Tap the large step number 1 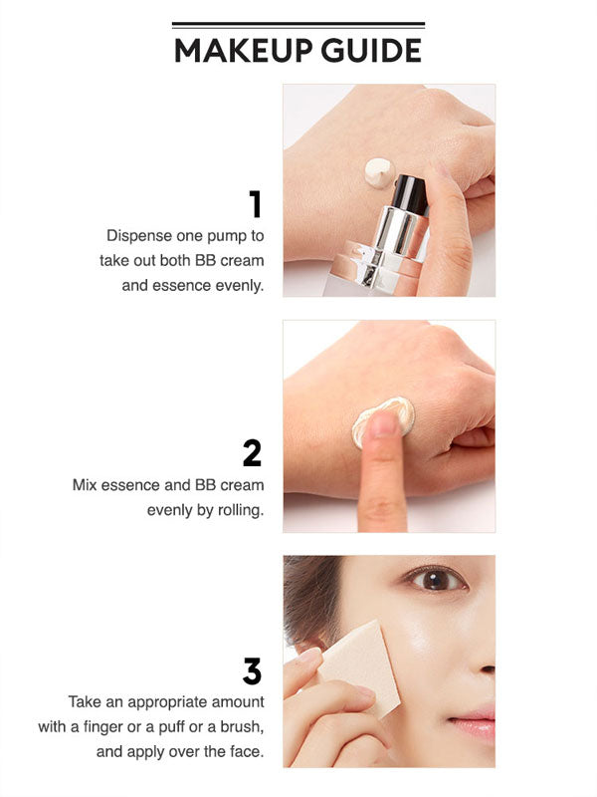tap(256, 204)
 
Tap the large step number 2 tap(253, 453)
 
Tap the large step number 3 tap(253, 670)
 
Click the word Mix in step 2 tap(85, 485)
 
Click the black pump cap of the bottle tap(409, 194)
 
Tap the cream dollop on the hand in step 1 tap(379, 172)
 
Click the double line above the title tap(298, 24)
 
